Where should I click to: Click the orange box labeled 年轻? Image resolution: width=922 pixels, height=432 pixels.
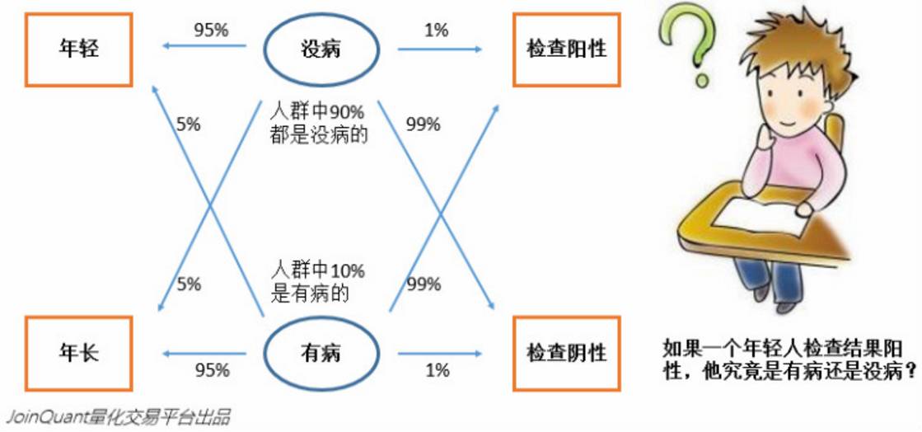pos(79,49)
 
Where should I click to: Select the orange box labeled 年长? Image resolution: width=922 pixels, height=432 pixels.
pos(79,354)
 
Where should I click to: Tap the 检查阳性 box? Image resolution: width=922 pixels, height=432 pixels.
pos(566,49)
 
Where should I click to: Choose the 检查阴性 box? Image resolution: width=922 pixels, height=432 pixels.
pos(566,354)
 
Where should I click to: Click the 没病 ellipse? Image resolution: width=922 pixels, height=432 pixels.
pos(321,49)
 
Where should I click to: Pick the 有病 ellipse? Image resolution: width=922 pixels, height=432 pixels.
pos(321,354)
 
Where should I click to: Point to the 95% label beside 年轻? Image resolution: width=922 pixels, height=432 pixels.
pos(211,31)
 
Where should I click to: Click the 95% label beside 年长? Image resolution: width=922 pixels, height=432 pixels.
pos(211,370)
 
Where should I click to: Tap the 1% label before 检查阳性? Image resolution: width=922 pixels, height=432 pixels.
pos(436,31)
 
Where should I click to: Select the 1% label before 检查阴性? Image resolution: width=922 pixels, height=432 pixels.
pos(437,370)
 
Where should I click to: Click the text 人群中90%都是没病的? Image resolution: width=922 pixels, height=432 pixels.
pos(318,124)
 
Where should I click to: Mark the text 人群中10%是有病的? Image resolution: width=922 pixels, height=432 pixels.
pos(318,281)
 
